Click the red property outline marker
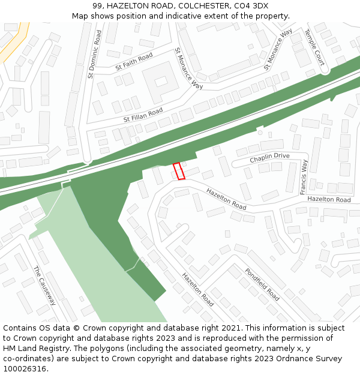(x=178, y=171)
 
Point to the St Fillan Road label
(x=143, y=115)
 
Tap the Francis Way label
(x=304, y=176)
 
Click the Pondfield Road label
(x=262, y=284)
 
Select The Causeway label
(x=44, y=286)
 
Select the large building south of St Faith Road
(x=160, y=81)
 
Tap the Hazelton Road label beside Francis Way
(x=329, y=199)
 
